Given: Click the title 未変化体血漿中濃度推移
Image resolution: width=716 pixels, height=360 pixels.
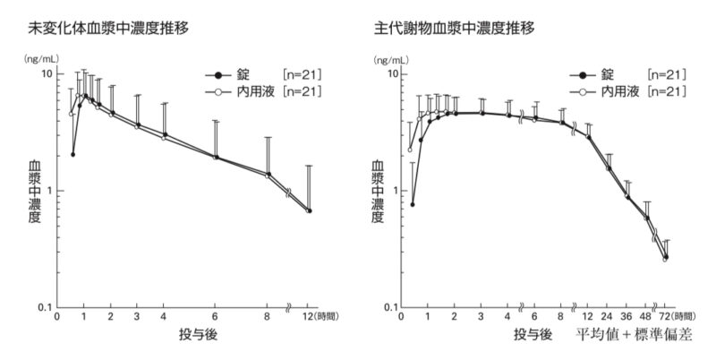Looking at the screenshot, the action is point(108,29).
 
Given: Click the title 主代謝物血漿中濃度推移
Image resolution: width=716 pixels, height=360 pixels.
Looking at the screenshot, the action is point(454,29).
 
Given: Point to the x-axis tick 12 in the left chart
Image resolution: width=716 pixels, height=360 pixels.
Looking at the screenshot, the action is point(310,316).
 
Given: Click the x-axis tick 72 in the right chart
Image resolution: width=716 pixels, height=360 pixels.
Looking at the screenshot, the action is point(665,316).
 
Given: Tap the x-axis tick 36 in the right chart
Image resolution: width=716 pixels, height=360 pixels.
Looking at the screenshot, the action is point(628,316).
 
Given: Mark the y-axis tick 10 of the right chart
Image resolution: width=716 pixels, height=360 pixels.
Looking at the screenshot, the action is point(390,74).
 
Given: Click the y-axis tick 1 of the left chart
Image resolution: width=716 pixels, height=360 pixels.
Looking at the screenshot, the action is point(49,191).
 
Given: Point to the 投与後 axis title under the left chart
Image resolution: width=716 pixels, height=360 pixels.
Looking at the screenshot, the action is point(198,335).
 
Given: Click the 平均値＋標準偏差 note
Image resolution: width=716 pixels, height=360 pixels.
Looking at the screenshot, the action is point(634,335).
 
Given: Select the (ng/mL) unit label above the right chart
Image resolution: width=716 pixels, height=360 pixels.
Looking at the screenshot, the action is point(391,59).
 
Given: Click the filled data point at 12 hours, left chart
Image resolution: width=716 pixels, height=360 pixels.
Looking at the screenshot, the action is point(310,210).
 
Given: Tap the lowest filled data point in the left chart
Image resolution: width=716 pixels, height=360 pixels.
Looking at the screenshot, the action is point(73,154).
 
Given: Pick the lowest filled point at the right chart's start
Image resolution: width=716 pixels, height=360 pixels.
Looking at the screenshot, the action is point(413,204).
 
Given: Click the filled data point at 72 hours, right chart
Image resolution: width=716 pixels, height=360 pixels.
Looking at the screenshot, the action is point(666,257).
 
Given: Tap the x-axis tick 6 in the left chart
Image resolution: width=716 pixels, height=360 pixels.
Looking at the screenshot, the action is point(215,316).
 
